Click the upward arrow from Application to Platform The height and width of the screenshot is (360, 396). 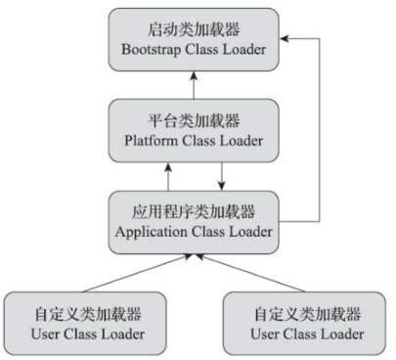169,175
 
